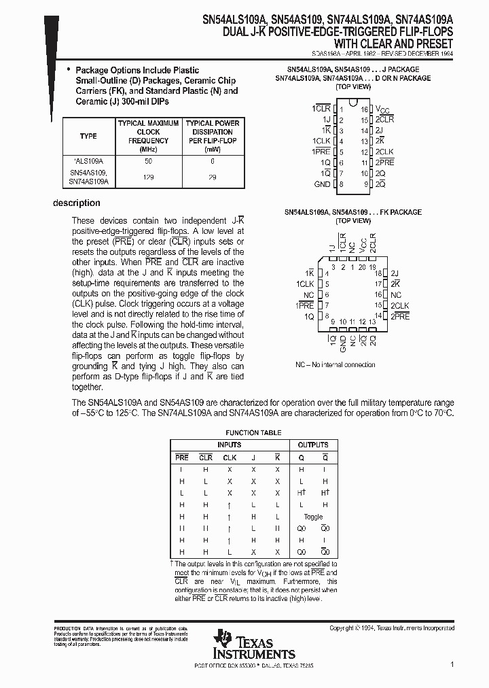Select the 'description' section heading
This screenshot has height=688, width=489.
[77, 203]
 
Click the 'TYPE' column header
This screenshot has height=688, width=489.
[88, 136]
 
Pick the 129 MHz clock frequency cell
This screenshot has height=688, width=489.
[148, 177]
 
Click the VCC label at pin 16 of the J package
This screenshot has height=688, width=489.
[383, 109]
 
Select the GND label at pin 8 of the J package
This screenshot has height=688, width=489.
[322, 184]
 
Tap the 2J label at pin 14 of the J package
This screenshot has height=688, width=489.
[380, 131]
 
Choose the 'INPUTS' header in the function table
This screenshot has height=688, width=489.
[229, 445]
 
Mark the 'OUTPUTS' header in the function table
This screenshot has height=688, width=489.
[313, 445]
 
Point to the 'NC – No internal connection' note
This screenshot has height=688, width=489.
[335, 365]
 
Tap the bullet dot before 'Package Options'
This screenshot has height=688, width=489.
[68, 70]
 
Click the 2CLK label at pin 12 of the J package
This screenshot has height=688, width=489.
[384, 152]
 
